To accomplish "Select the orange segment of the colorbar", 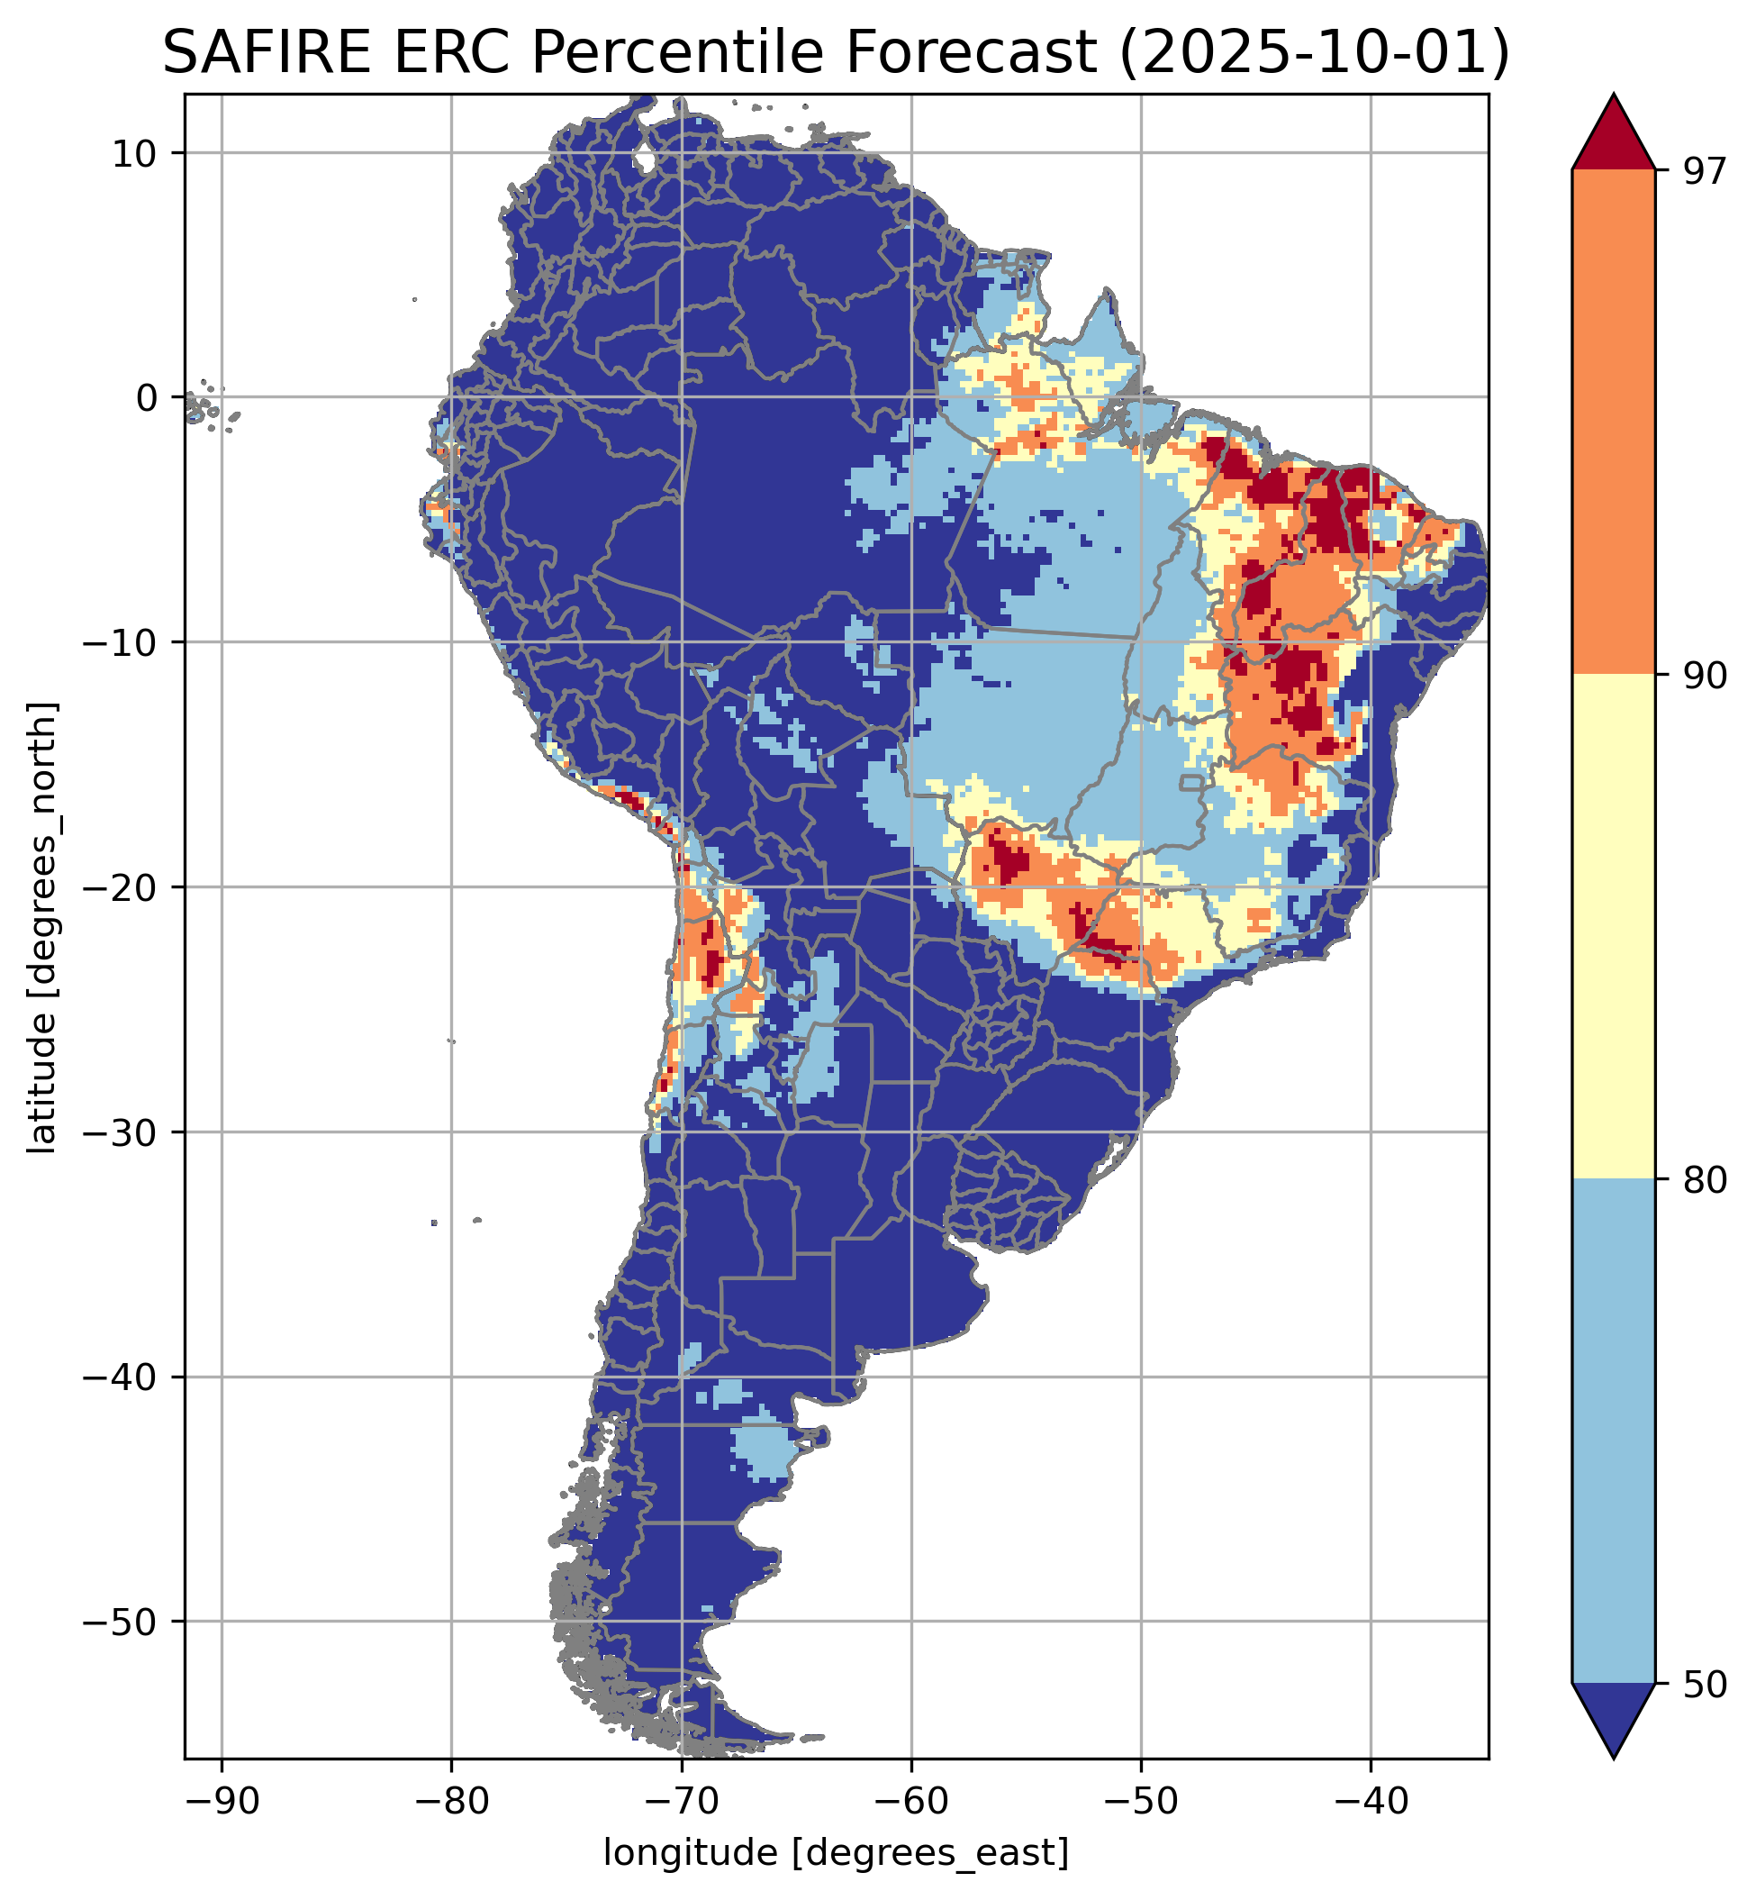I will [x=1614, y=423].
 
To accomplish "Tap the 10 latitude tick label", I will [x=135, y=153].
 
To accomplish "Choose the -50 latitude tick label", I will [x=122, y=1623].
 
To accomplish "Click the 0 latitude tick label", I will [x=146, y=398].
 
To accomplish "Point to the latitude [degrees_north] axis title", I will [x=42, y=928].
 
